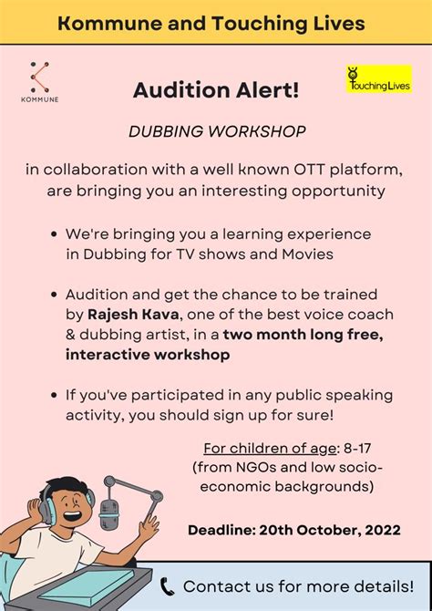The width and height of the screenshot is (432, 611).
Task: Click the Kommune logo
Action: pyautogui.click(x=40, y=82)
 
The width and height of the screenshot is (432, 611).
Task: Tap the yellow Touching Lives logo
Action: pyautogui.click(x=379, y=79)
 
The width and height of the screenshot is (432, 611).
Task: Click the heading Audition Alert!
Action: pyautogui.click(x=216, y=91)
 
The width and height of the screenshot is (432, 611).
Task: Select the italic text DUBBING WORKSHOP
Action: pyautogui.click(x=217, y=131)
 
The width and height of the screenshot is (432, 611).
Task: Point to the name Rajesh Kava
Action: pyautogui.click(x=133, y=315)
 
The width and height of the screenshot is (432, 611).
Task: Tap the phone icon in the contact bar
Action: pyautogui.click(x=168, y=587)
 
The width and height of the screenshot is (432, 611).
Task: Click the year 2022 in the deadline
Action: pyautogui.click(x=384, y=531)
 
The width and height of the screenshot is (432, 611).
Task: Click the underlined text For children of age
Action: pyautogui.click(x=270, y=449)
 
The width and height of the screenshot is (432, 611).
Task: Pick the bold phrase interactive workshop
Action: pyautogui.click(x=148, y=355)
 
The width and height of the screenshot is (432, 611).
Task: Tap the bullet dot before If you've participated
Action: pyautogui.click(x=55, y=396)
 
